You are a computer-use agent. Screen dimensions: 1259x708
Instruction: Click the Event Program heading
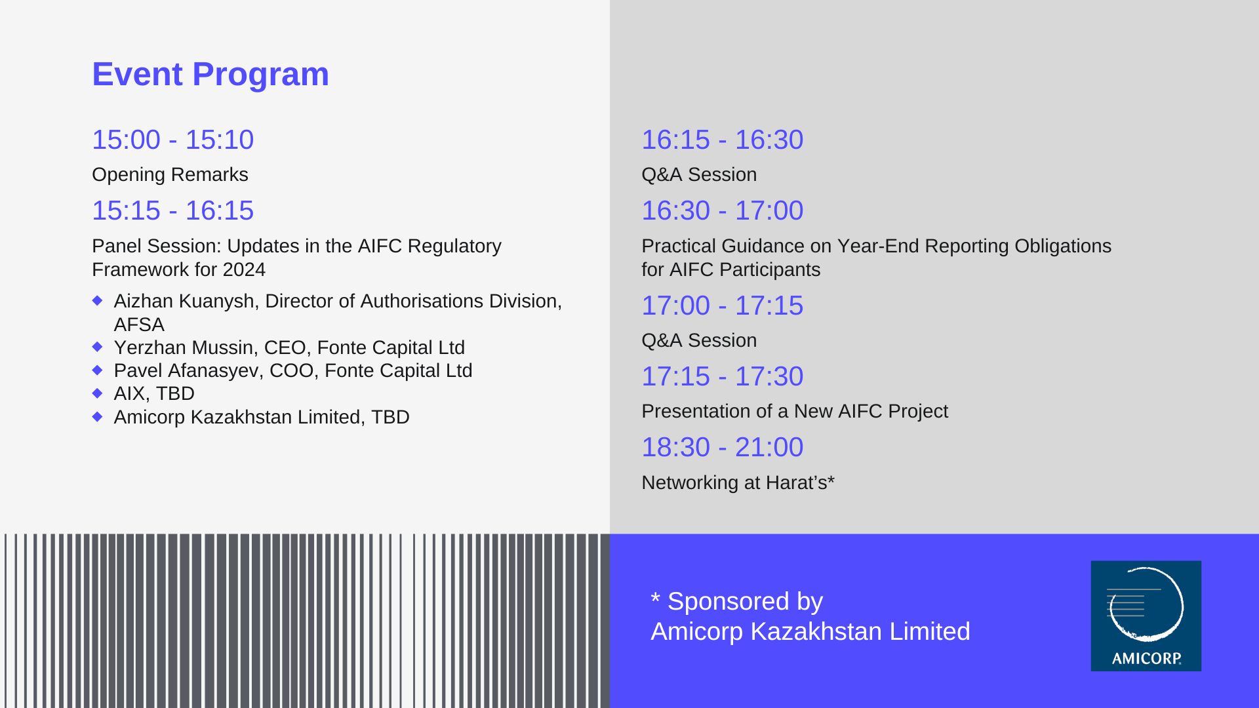click(x=210, y=74)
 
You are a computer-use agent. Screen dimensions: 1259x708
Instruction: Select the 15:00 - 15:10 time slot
click(x=172, y=140)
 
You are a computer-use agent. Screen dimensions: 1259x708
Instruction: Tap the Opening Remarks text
click(x=170, y=174)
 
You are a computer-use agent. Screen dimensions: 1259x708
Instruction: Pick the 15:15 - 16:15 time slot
click(x=172, y=210)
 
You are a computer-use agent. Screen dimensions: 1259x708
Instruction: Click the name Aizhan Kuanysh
click(x=184, y=301)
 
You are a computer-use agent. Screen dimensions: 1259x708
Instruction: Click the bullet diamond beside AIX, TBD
click(x=98, y=393)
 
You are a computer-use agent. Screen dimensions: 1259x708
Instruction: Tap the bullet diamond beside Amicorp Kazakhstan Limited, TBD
click(x=98, y=416)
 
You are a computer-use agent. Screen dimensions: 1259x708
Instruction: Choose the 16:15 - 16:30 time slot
click(x=722, y=140)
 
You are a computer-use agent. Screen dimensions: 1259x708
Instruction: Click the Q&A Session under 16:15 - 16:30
click(x=699, y=174)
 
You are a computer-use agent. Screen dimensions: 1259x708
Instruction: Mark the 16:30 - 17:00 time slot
click(x=722, y=210)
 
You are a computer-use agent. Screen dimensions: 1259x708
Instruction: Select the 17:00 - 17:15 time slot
click(x=722, y=305)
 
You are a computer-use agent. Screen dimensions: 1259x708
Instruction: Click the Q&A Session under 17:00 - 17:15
click(x=699, y=340)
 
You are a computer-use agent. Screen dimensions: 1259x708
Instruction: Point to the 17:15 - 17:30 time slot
click(x=722, y=376)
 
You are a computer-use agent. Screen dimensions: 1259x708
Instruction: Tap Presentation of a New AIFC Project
click(x=795, y=411)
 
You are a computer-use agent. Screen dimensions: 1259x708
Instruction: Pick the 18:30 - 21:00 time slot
click(x=722, y=447)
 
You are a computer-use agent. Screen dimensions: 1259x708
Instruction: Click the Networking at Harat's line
click(x=738, y=482)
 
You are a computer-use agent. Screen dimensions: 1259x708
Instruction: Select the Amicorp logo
click(x=1146, y=616)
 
